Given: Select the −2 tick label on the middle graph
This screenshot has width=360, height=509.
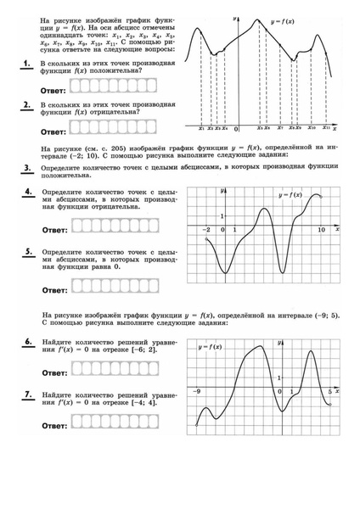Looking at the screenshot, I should coord(206,231).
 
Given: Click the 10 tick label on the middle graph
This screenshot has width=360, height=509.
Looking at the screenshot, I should coord(321,231).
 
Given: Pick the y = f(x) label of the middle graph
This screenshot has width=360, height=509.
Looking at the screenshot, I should coord(292,197).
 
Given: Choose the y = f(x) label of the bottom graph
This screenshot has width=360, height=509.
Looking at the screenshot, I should coord(210,347).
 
